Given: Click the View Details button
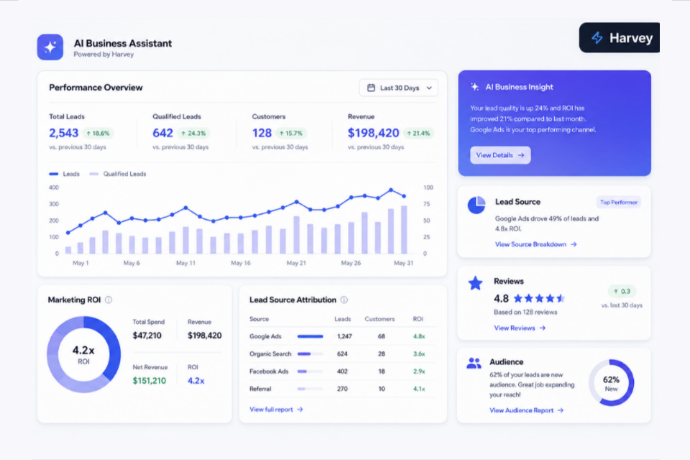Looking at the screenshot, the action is pos(500,155).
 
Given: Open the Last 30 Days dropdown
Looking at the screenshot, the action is pos(399,88).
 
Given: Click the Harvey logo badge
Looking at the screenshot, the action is pos(619,38).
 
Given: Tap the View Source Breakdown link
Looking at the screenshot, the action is pos(535,244).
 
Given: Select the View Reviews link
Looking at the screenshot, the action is pos(519,328).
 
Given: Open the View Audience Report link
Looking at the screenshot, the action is pos(526,410).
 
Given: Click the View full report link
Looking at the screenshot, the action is pos(276,410).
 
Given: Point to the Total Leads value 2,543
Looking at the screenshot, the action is pos(64,133).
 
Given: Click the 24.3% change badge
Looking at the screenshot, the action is pos(193,133).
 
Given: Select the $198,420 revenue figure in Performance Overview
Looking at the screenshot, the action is pos(373,133).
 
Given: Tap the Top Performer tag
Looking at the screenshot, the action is pos(618,203).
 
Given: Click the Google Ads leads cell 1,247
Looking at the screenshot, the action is pos(344,336).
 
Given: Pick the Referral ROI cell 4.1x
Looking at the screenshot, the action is pos(419,389).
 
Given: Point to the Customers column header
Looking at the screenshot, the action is pos(379,319).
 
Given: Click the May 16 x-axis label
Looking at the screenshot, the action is pos(241,263).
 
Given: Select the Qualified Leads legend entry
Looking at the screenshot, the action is pos(118,174).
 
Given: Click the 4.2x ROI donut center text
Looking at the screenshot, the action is pos(83,354).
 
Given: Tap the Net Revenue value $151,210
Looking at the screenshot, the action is pos(149,381).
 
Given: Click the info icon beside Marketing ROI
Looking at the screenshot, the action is pos(109,300).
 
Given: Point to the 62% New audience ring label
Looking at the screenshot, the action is pos(611,383).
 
